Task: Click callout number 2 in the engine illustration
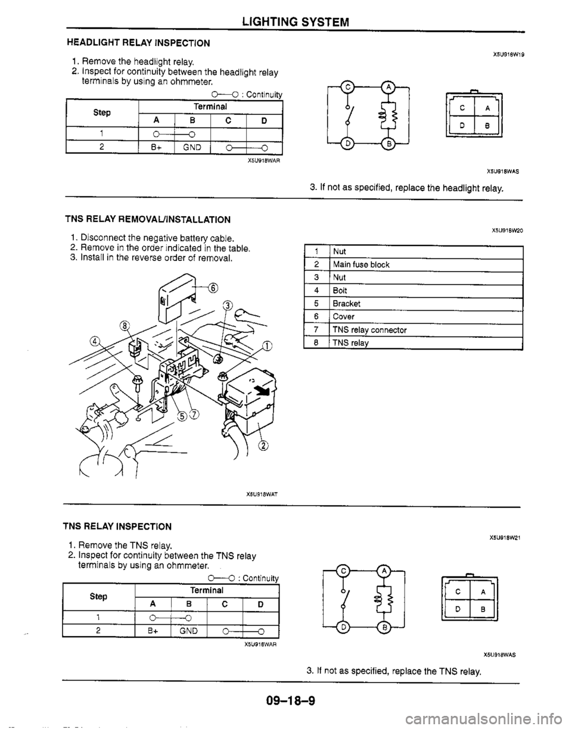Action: pos(262,447)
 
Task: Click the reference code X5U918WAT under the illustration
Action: pos(263,494)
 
